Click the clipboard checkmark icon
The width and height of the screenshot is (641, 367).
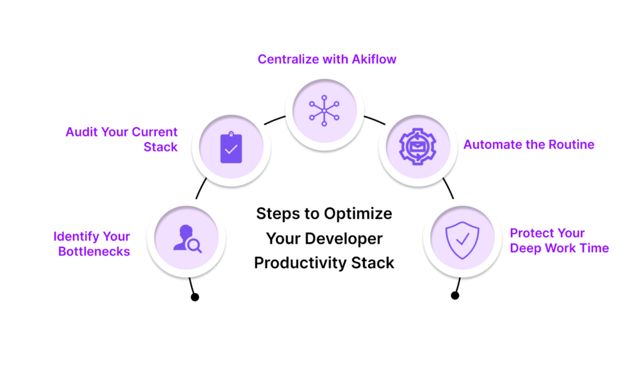pos(231,147)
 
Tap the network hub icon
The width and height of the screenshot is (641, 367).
pos(324,110)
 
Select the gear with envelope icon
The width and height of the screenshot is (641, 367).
pos(418,147)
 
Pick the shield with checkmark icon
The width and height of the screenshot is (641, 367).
pos(463,240)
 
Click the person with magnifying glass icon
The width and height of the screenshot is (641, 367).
pos(187,239)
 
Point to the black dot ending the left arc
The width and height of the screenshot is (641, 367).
pos(195,297)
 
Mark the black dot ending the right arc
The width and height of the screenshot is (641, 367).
pos(455,296)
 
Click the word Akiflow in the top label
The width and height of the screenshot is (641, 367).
pos(374,59)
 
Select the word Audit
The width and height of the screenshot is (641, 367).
pos(82,132)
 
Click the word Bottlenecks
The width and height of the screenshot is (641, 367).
pos(94,251)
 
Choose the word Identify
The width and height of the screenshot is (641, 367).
pos(76,237)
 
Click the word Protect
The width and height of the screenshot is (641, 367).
pos(531,233)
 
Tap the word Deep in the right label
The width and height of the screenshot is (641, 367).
pos(525,249)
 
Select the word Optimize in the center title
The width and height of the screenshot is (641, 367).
pos(358,214)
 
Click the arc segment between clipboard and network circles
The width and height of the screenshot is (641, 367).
pos(274,120)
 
